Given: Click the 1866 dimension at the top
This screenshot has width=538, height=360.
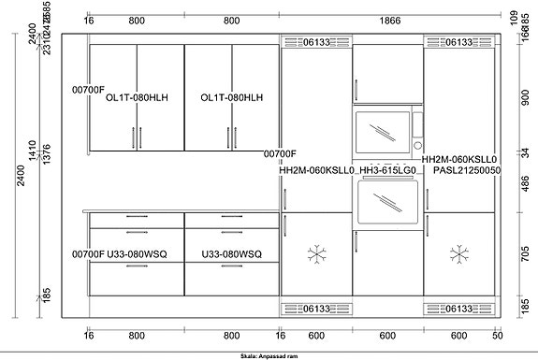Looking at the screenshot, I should click(x=386, y=20).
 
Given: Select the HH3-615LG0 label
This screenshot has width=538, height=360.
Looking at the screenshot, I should click(x=387, y=171).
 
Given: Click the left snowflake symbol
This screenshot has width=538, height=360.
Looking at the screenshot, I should click(x=317, y=253).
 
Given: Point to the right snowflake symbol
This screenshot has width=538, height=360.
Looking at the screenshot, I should click(x=458, y=253).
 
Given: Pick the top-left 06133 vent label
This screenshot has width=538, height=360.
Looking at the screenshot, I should click(x=317, y=42).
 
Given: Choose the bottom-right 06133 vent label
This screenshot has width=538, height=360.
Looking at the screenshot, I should click(x=458, y=309).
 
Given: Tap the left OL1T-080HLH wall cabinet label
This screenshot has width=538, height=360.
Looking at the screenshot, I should click(x=137, y=97).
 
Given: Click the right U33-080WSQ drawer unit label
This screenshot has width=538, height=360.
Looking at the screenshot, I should click(x=231, y=253).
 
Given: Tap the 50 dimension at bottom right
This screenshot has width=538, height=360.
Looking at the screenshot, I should click(x=498, y=335).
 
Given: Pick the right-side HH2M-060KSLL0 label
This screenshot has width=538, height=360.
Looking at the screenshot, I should click(x=458, y=160).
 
